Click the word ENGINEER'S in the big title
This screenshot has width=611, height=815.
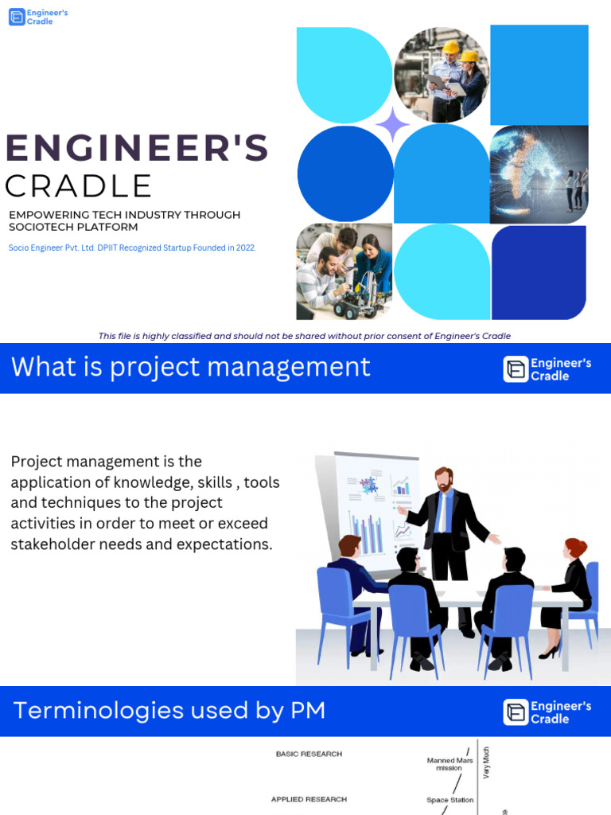(x=137, y=149)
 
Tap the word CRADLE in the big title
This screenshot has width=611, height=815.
(x=78, y=186)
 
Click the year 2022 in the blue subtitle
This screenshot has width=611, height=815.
(x=244, y=248)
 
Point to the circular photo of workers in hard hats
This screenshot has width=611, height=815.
(x=442, y=74)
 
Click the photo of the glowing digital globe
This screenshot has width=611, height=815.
(x=539, y=174)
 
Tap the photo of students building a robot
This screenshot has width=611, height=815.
(x=344, y=271)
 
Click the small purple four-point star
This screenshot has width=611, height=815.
(x=392, y=124)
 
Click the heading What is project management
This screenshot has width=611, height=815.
(x=191, y=367)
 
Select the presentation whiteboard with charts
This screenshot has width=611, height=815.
(x=370, y=509)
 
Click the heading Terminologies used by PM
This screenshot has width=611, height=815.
(x=169, y=710)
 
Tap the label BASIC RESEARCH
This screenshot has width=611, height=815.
(x=309, y=754)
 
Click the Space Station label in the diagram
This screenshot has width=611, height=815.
(x=450, y=800)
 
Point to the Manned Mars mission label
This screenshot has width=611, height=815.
(x=449, y=764)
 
